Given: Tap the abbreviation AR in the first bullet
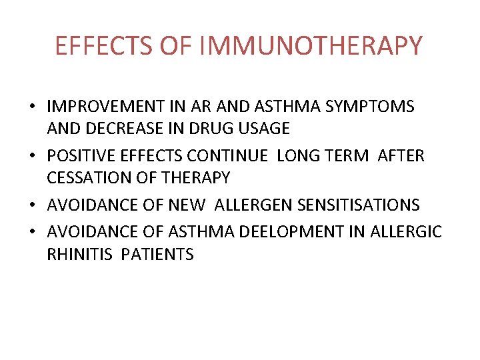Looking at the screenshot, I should click(201, 106).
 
